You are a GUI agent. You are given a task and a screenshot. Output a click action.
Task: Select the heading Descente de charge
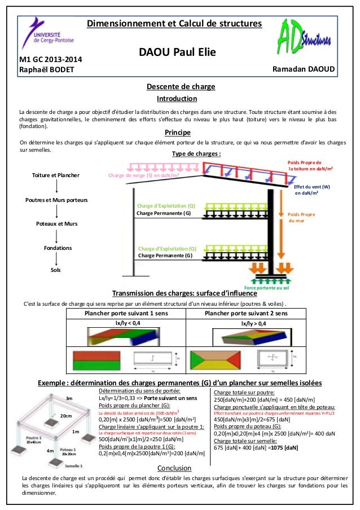(x=181, y=86)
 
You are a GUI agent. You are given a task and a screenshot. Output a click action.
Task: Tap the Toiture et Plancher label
(x=56, y=175)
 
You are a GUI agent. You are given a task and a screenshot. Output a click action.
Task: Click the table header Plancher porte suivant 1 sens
(x=126, y=313)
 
